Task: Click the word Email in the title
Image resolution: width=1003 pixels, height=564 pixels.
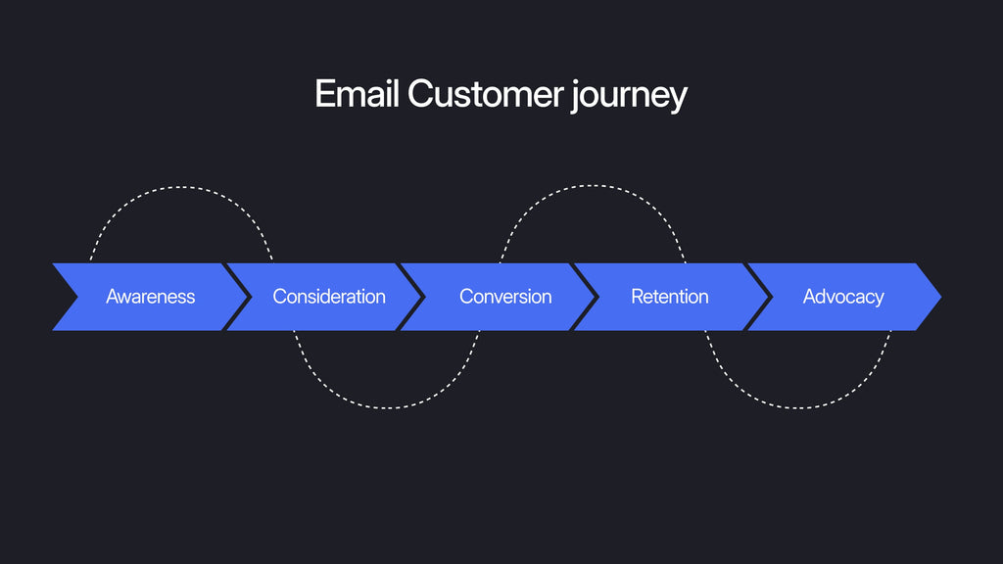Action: [358, 95]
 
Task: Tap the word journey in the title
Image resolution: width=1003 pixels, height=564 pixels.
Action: [629, 96]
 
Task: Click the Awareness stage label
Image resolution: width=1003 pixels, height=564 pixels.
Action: [150, 297]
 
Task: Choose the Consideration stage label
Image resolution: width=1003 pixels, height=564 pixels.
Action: [329, 297]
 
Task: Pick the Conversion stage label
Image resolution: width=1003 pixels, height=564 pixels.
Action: [505, 297]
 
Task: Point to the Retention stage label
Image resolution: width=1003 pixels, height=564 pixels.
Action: [670, 297]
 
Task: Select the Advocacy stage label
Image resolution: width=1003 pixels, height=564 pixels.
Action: [843, 297]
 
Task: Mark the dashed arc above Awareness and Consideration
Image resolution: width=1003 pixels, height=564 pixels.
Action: [182, 187]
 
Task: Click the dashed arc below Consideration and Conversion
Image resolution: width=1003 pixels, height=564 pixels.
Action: [388, 407]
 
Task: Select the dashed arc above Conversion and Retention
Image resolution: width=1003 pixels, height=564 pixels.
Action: [593, 186]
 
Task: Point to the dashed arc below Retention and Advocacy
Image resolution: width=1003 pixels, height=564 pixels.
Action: [798, 407]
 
